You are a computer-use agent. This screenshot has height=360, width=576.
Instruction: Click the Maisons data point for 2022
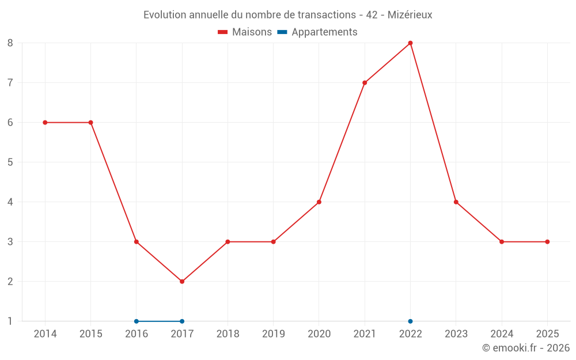(x=410, y=43)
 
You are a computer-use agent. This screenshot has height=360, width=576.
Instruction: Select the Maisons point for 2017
(x=182, y=282)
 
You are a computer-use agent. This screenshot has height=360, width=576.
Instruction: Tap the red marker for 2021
(x=365, y=83)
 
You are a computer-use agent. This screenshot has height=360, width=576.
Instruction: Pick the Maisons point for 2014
(x=45, y=123)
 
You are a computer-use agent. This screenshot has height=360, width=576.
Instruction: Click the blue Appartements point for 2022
(x=410, y=321)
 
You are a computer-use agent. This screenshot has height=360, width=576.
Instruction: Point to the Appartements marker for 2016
(x=137, y=321)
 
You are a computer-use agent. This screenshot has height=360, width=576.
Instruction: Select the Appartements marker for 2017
(x=182, y=321)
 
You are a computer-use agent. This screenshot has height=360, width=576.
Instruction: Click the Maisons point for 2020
(x=319, y=202)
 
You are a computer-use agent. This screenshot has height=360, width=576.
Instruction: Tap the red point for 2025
(x=547, y=242)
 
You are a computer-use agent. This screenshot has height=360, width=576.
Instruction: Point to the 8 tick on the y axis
(x=10, y=43)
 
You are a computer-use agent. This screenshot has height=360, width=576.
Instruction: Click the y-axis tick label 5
(x=10, y=162)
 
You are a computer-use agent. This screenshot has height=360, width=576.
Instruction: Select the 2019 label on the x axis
(x=273, y=334)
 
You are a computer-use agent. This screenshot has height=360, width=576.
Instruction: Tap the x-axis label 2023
(x=456, y=334)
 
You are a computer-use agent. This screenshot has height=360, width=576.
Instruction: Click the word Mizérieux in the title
(x=410, y=15)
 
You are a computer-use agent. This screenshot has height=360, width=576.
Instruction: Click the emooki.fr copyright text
(x=526, y=348)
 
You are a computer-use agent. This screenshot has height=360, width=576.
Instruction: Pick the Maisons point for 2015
(x=90, y=123)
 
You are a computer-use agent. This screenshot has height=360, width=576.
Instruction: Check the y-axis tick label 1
(x=10, y=321)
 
